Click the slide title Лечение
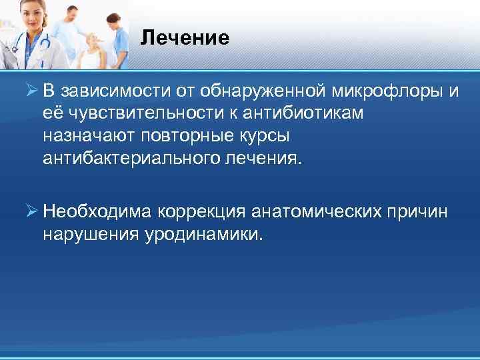point(185,38)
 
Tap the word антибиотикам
point(314,113)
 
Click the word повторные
point(182,136)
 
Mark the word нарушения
point(91,235)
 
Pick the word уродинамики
point(203,235)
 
